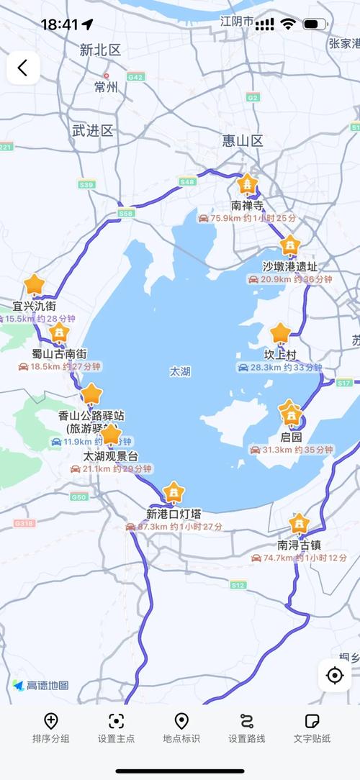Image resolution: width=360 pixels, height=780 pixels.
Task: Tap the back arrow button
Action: tap(23, 68)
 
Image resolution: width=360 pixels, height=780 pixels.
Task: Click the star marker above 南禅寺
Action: tap(248, 184)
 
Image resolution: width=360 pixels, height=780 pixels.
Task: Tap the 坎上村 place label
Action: tap(280, 355)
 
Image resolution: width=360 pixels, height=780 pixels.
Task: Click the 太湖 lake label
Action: tap(180, 371)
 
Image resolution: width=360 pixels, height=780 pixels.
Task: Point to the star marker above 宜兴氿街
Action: tap(34, 284)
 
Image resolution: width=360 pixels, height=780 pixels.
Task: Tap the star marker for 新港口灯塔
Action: tap(173, 493)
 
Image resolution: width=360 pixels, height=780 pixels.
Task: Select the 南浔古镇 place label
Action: tap(298, 545)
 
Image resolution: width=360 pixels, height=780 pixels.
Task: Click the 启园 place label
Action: tap(291, 437)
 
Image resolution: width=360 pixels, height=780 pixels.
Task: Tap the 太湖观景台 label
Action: tap(110, 456)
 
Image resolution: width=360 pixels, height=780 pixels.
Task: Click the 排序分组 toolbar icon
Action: tap(51, 721)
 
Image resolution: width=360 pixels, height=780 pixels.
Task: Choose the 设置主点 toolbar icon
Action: tap(116, 721)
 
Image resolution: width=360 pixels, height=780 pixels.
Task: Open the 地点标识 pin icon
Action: tap(181, 721)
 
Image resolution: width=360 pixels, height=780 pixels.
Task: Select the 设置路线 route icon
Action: tap(247, 721)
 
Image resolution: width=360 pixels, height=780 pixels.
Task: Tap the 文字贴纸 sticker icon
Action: tap(312, 721)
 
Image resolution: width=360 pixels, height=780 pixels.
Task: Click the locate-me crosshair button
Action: tap(334, 675)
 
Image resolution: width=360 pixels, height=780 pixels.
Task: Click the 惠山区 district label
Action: tap(243, 140)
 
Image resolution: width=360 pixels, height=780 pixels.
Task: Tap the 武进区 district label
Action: tap(93, 130)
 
